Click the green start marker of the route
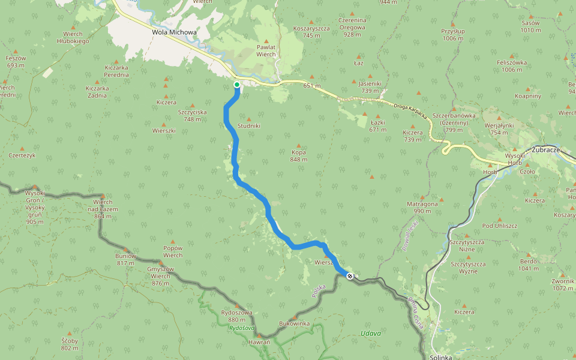pos(237,85)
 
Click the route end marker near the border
pos(350,276)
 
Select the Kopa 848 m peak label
pos(299,155)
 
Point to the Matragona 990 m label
pos(422,207)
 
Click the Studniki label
pos(249,126)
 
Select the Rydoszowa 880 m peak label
pos(236,316)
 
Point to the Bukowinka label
pos(294,323)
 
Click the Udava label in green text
pos(371,333)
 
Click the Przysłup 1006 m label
pos(452,34)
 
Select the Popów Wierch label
pos(173,251)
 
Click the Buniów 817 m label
pos(126,259)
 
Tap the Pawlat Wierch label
pos(266,50)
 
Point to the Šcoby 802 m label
pos(70,344)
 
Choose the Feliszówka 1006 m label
pos(512,66)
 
